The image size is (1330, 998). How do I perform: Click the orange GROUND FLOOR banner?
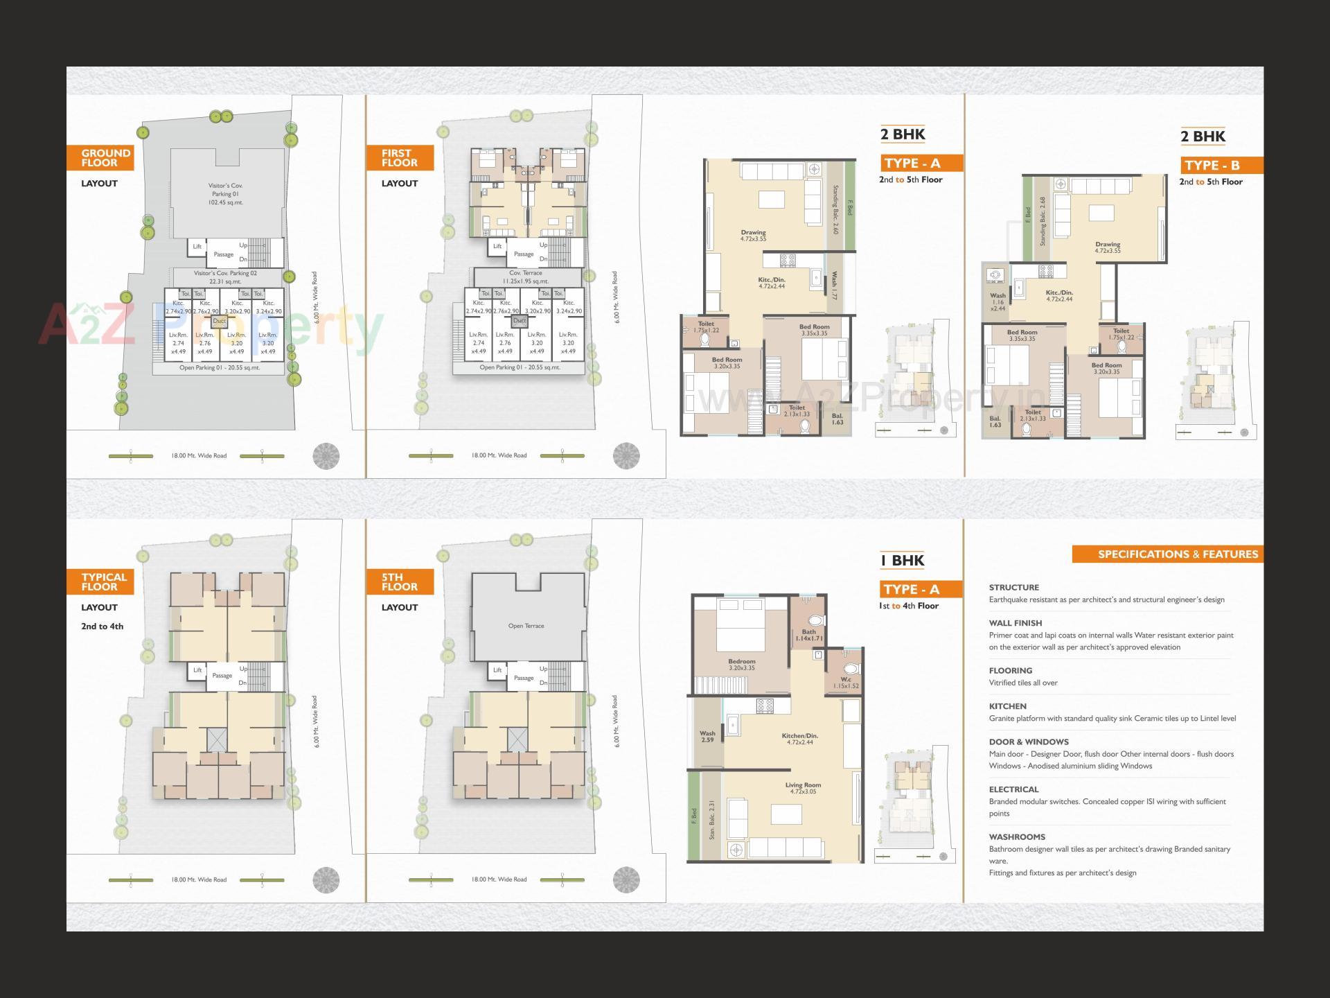100,158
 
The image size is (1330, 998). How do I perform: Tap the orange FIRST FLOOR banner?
399,158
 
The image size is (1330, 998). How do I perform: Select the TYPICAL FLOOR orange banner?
100,582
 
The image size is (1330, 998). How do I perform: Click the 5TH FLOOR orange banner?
399,582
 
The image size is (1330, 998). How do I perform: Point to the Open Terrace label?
526,626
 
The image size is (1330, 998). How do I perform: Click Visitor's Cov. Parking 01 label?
225,194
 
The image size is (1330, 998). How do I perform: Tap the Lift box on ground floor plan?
197,247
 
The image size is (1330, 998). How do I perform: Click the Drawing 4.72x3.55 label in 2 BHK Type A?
753,236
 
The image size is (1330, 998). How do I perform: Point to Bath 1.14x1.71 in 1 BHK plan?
808,635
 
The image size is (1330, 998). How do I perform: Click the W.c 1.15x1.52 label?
846,683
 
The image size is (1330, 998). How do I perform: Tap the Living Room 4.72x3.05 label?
803,788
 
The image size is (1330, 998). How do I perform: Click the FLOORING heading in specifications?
1010,671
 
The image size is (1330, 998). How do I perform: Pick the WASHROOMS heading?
1016,837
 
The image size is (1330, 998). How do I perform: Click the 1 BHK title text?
902,561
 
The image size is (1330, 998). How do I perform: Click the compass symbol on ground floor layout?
326,456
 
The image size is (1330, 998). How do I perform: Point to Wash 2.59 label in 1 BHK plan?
707,736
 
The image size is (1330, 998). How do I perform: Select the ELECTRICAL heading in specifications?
1013,789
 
